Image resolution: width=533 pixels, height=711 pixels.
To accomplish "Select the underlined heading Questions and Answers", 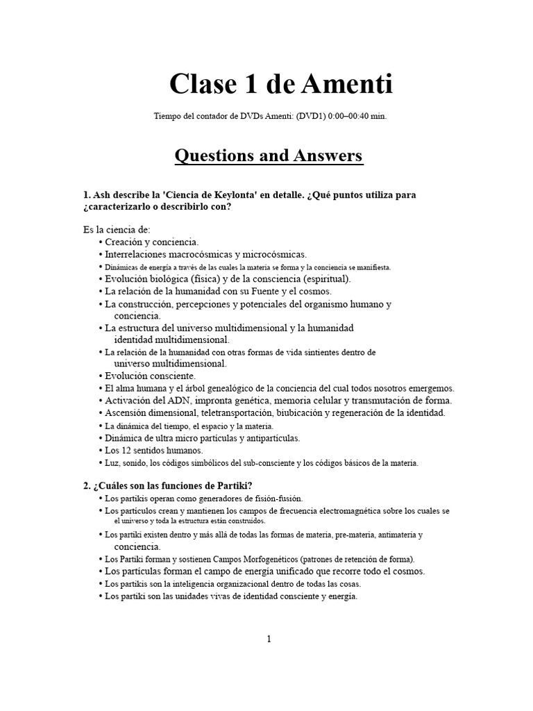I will [269, 156].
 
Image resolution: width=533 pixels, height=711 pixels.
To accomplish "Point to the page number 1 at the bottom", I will [269, 639].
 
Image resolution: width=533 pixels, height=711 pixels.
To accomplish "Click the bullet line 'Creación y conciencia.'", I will [151, 242].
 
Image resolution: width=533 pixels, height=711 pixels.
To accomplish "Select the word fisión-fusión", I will [273, 499].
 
